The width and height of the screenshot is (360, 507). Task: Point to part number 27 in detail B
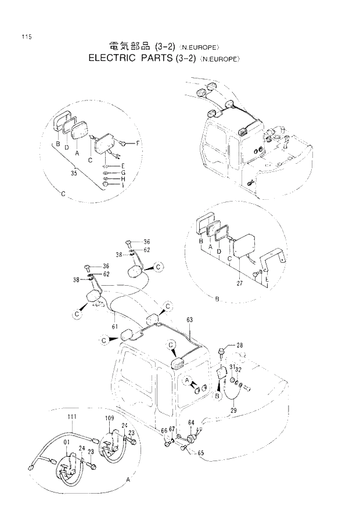coord(238,283)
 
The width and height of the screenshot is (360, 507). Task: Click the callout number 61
coord(116,327)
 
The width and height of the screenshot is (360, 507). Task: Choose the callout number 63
coord(189,319)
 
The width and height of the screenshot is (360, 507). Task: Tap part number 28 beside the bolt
coord(240,346)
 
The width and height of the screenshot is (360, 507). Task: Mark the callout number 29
coord(234,411)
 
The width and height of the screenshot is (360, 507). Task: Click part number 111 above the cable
coord(73,418)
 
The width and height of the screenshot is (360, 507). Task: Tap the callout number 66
coord(164,430)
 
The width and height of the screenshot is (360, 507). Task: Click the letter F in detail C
coord(138,142)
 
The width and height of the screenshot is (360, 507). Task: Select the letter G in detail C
coord(124,172)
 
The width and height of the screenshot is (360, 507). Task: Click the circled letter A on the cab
coord(188,380)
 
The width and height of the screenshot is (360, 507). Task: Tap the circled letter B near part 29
coord(217,396)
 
